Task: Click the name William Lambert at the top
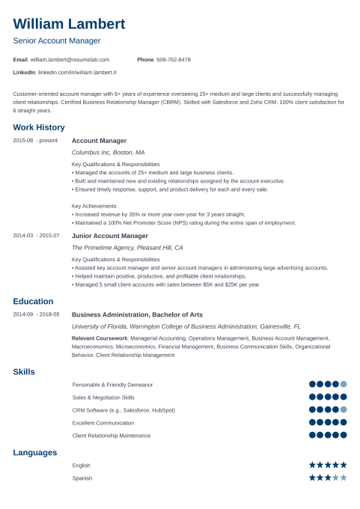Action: tap(69, 23)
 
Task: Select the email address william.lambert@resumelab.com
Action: tap(70, 59)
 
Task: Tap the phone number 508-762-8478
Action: tap(174, 59)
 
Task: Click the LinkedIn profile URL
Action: tap(77, 73)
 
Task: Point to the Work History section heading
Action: tap(39, 127)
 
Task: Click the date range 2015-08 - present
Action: tap(35, 141)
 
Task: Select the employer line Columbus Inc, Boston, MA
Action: tap(108, 152)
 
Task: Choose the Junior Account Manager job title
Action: tap(109, 235)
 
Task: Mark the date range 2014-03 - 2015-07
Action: tap(36, 235)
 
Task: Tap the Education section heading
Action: tap(33, 302)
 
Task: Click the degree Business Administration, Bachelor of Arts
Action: tap(137, 315)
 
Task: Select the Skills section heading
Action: tap(24, 372)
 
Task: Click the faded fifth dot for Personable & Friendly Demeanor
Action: tap(344, 384)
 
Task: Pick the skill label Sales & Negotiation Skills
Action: tap(103, 397)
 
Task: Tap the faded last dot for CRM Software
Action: tap(344, 409)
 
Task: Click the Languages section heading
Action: tap(35, 452)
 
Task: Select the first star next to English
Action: tap(313, 465)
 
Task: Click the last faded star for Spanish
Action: tap(344, 477)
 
